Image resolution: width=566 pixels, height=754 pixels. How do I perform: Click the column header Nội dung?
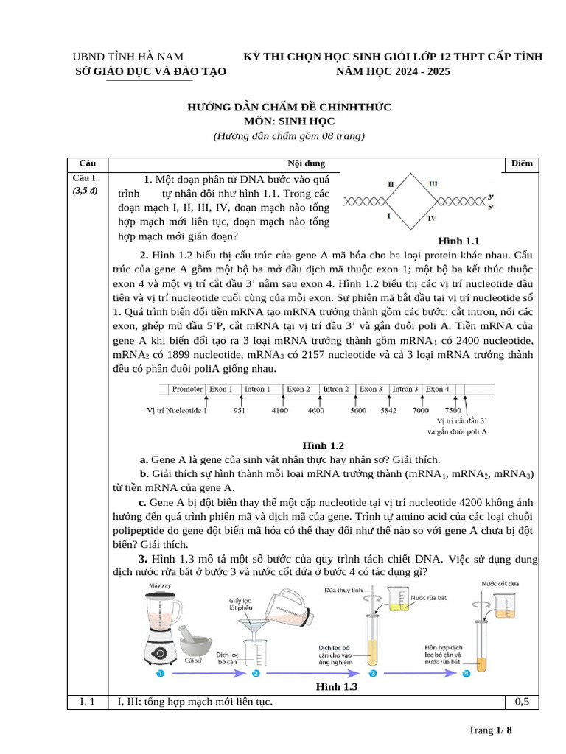[x=306, y=163]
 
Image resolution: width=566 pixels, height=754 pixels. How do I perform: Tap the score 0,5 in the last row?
[x=522, y=702]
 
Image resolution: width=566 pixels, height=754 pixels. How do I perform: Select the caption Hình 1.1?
[x=458, y=241]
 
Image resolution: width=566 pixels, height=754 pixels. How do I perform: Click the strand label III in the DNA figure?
[x=433, y=183]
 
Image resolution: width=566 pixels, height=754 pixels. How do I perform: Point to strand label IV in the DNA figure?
[x=433, y=219]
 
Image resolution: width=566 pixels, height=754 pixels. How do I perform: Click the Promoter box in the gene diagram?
[x=187, y=389]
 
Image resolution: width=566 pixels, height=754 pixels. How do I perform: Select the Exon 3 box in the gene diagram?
[x=371, y=389]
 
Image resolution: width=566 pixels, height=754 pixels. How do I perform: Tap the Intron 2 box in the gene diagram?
[x=335, y=389]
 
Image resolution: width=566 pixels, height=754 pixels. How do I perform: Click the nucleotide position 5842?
[x=388, y=411]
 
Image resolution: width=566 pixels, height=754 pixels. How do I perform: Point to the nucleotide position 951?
[x=240, y=411]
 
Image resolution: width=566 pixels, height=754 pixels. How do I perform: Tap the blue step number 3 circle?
[x=373, y=673]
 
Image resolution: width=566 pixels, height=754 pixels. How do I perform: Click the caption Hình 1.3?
[x=336, y=687]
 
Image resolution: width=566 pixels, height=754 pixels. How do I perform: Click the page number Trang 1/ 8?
[x=489, y=730]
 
